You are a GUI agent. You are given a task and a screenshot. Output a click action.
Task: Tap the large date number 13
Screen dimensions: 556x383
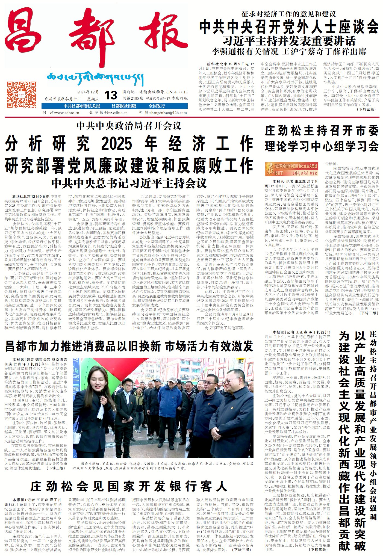tap(111, 95)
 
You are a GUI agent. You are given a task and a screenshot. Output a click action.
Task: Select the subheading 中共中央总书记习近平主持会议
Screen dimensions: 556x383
tap(129, 183)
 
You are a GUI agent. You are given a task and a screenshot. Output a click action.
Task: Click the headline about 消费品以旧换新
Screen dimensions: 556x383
tap(129, 346)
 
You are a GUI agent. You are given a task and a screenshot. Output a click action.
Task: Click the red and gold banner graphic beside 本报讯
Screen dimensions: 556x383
tap(291, 169)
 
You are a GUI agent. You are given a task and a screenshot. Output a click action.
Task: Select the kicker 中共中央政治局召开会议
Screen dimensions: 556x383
tap(129, 126)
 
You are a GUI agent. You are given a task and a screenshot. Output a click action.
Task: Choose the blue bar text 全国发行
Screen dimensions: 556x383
tap(157, 106)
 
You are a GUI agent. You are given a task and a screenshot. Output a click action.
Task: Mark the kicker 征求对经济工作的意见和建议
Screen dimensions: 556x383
tap(289, 14)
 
